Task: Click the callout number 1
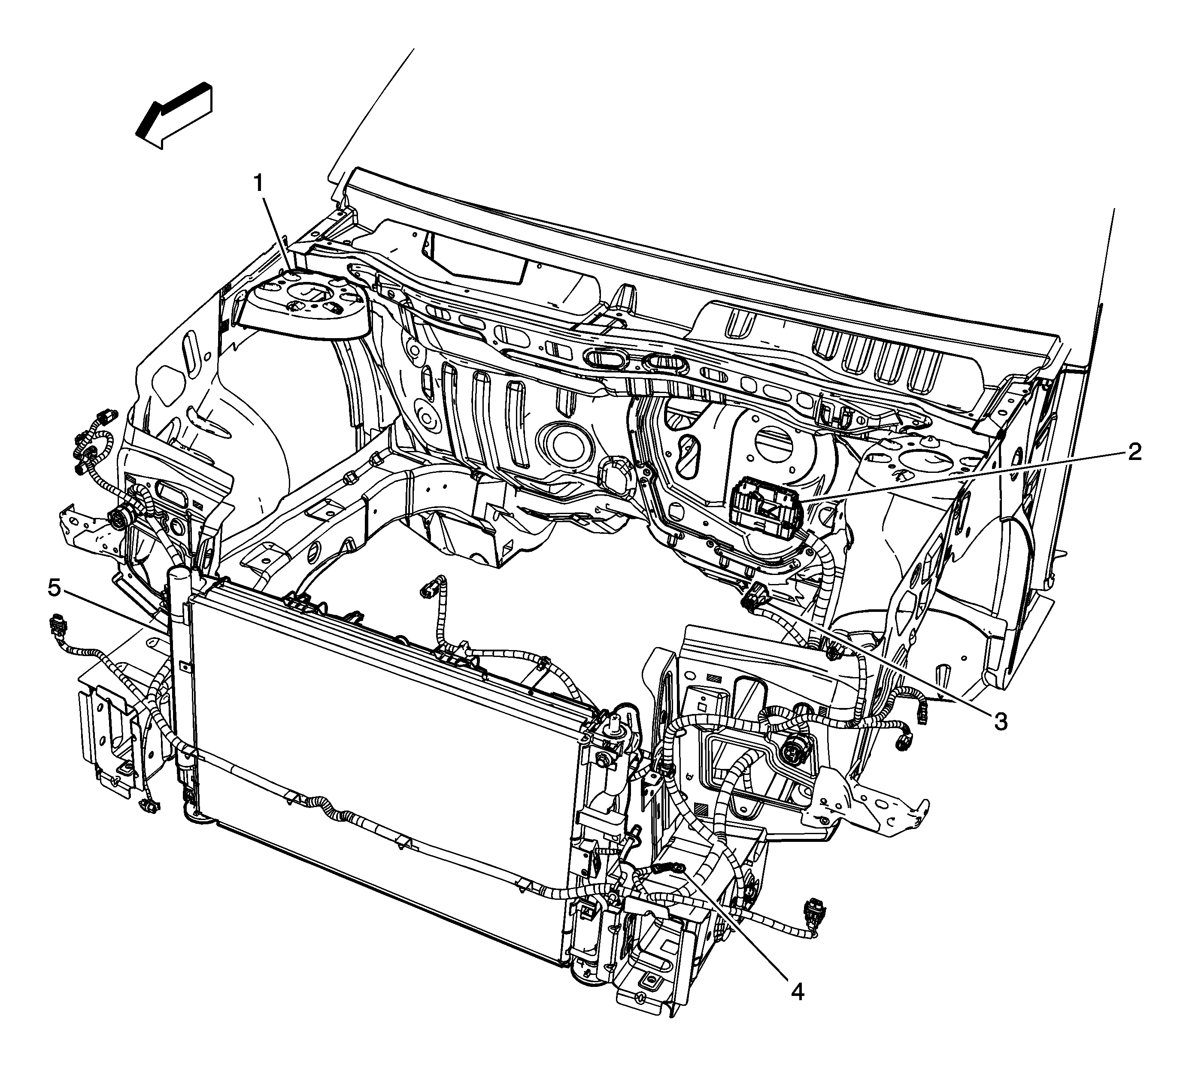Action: [x=258, y=184]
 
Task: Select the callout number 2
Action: [x=1134, y=452]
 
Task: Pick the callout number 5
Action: [x=54, y=587]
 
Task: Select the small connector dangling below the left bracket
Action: [x=147, y=807]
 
